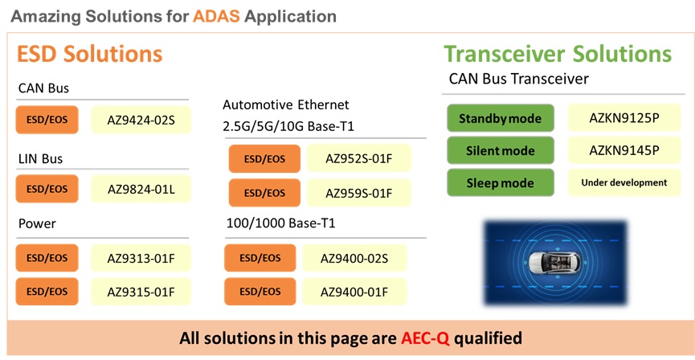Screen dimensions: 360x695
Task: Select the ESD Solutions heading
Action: [x=90, y=55]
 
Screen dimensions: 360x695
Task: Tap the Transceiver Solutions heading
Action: [x=558, y=55]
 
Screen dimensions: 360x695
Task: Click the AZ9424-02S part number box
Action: [x=141, y=120]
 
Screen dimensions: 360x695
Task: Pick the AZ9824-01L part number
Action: [x=141, y=190]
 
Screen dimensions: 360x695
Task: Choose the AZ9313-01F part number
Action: [x=141, y=258]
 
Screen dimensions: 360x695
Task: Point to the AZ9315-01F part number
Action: [x=141, y=289]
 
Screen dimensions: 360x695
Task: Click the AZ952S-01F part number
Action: [x=358, y=159]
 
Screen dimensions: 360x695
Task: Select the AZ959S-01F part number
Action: [x=358, y=193]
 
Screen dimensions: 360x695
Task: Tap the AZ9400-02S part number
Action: [x=354, y=258]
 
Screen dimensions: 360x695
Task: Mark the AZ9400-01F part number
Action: [x=354, y=290]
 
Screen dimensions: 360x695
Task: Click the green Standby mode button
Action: [x=500, y=119]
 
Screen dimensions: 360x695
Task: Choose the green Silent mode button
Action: [x=500, y=150]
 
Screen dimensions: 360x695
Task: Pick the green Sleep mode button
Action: [x=500, y=182]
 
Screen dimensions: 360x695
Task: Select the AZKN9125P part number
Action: [x=624, y=118]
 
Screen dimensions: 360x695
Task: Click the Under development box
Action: [x=624, y=182]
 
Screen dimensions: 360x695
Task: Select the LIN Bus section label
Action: [x=40, y=158]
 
